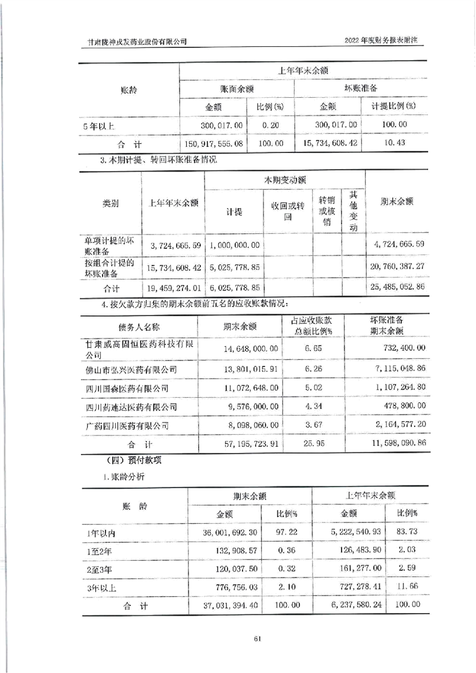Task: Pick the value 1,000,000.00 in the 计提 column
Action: pyautogui.click(x=235, y=245)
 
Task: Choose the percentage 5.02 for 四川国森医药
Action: pyautogui.click(x=311, y=388)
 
